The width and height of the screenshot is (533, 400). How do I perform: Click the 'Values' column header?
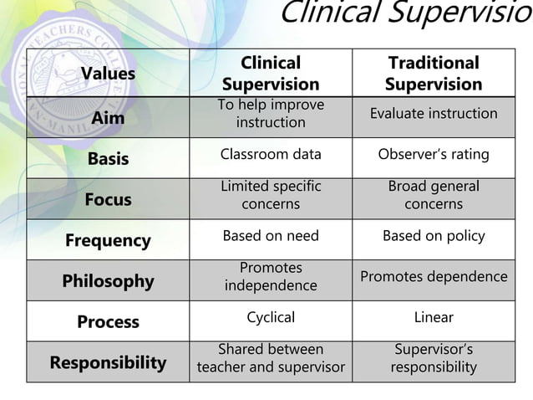(x=108, y=74)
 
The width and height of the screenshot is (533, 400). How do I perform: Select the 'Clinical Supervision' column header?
(x=271, y=74)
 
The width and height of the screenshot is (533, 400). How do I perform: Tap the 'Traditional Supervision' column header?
(x=434, y=74)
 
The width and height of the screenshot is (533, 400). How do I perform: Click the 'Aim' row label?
(x=108, y=118)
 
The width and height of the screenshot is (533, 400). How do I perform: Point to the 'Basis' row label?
(x=108, y=159)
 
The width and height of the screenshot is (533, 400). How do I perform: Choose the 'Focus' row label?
(x=108, y=199)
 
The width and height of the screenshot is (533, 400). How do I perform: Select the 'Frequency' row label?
(x=108, y=240)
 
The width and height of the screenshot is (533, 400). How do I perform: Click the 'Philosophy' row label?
(x=108, y=281)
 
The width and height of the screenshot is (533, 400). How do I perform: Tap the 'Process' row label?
(x=108, y=321)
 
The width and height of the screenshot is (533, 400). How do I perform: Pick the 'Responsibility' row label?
(x=108, y=362)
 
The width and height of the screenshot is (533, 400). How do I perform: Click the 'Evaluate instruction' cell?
(x=434, y=114)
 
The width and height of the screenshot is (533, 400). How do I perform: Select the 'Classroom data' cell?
(x=271, y=155)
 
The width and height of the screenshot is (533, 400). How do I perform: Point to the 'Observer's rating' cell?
(x=434, y=155)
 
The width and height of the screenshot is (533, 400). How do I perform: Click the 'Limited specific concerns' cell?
(x=271, y=195)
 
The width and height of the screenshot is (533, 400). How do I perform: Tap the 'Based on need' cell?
(x=271, y=236)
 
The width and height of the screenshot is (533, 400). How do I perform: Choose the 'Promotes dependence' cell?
(x=434, y=276)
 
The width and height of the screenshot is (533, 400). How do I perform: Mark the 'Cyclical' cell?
(x=271, y=317)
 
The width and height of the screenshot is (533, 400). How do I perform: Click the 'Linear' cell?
(x=434, y=317)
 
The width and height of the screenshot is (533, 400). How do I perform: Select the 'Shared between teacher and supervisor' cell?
(x=271, y=358)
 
